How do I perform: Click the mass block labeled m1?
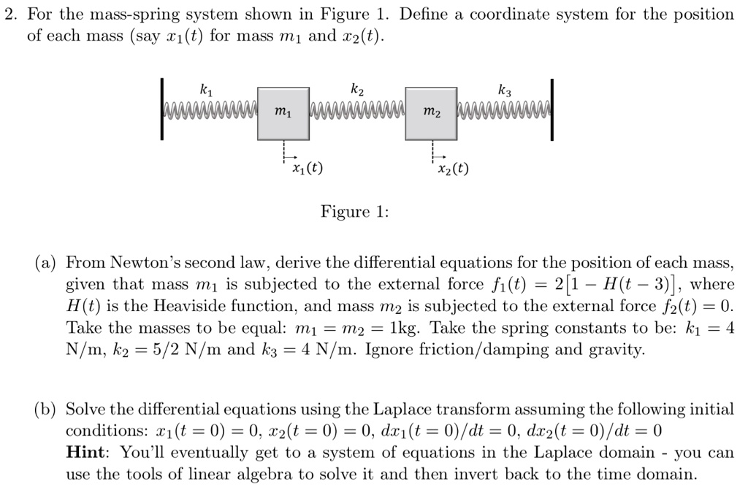283,112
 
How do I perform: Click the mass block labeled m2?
431,112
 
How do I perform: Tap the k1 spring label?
207,91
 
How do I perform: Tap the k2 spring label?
356,91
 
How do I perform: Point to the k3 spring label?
505,91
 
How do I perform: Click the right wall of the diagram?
553,110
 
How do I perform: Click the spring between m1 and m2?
357,112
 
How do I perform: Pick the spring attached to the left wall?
210,112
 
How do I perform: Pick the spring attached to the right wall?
504,112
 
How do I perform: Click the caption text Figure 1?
355,212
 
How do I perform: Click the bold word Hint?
85,453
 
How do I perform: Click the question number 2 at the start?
9,14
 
